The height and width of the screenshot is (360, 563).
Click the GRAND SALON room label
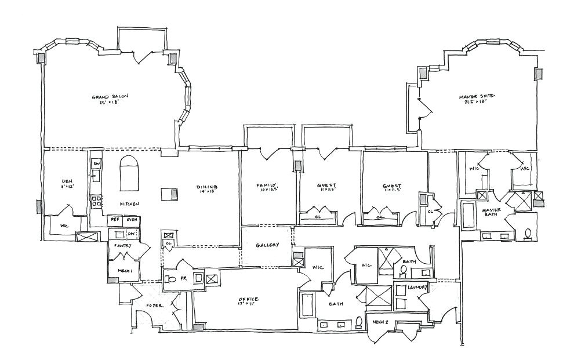[x=110, y=97]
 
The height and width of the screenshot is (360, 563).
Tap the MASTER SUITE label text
[x=477, y=96]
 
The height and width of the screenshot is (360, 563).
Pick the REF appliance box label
[x=115, y=220]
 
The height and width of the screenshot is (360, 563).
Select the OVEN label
[x=132, y=220]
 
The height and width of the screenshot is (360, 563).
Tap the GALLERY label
[x=267, y=245]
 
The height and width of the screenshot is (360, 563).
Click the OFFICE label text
[x=248, y=299]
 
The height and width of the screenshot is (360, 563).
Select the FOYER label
[x=154, y=305]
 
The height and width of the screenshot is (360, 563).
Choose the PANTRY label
[x=123, y=245]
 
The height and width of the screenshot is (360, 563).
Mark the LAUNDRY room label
[x=417, y=288]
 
